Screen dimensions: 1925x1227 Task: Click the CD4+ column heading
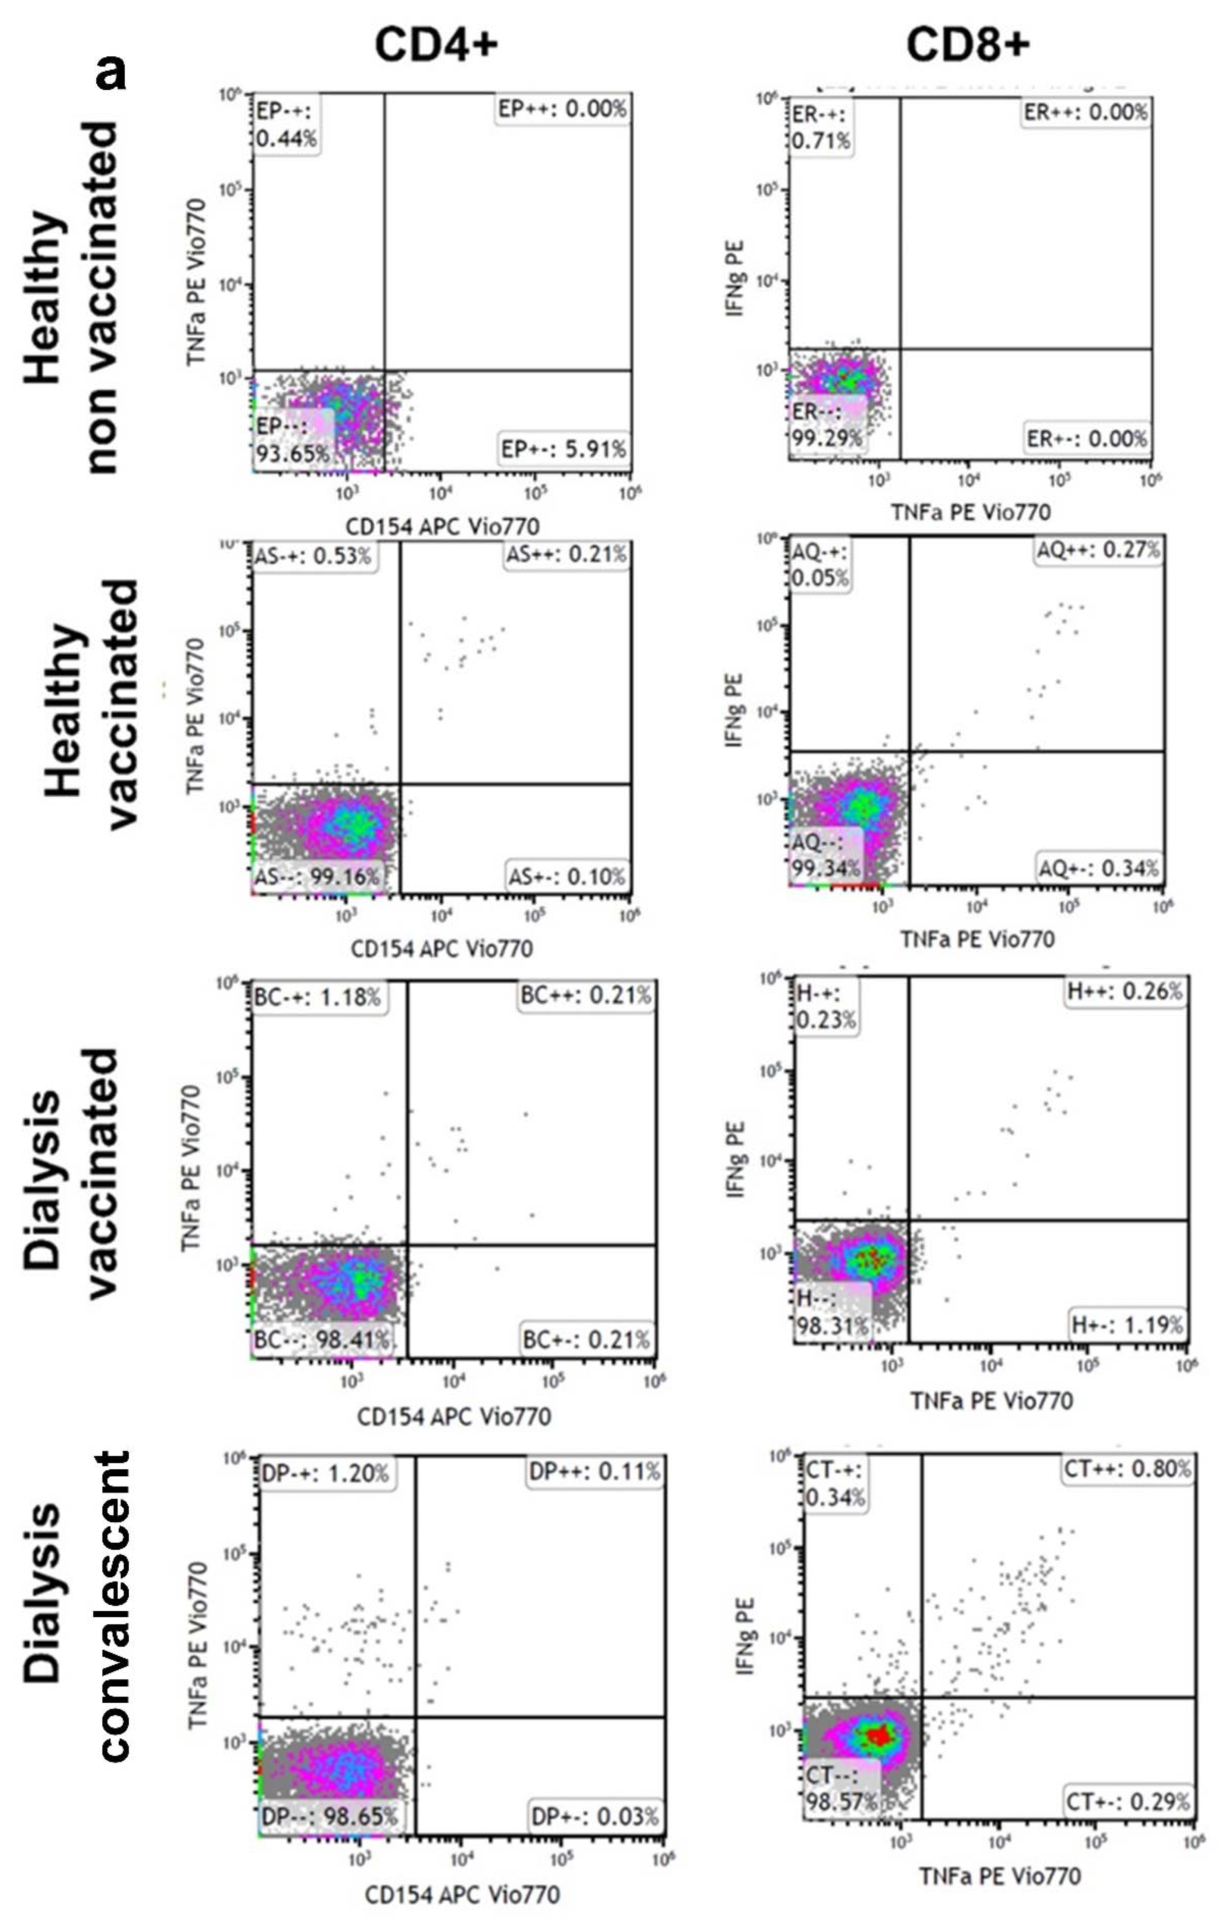coord(435,44)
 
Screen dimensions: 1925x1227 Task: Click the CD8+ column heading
coord(967,44)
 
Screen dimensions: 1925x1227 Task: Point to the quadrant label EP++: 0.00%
coord(562,109)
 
